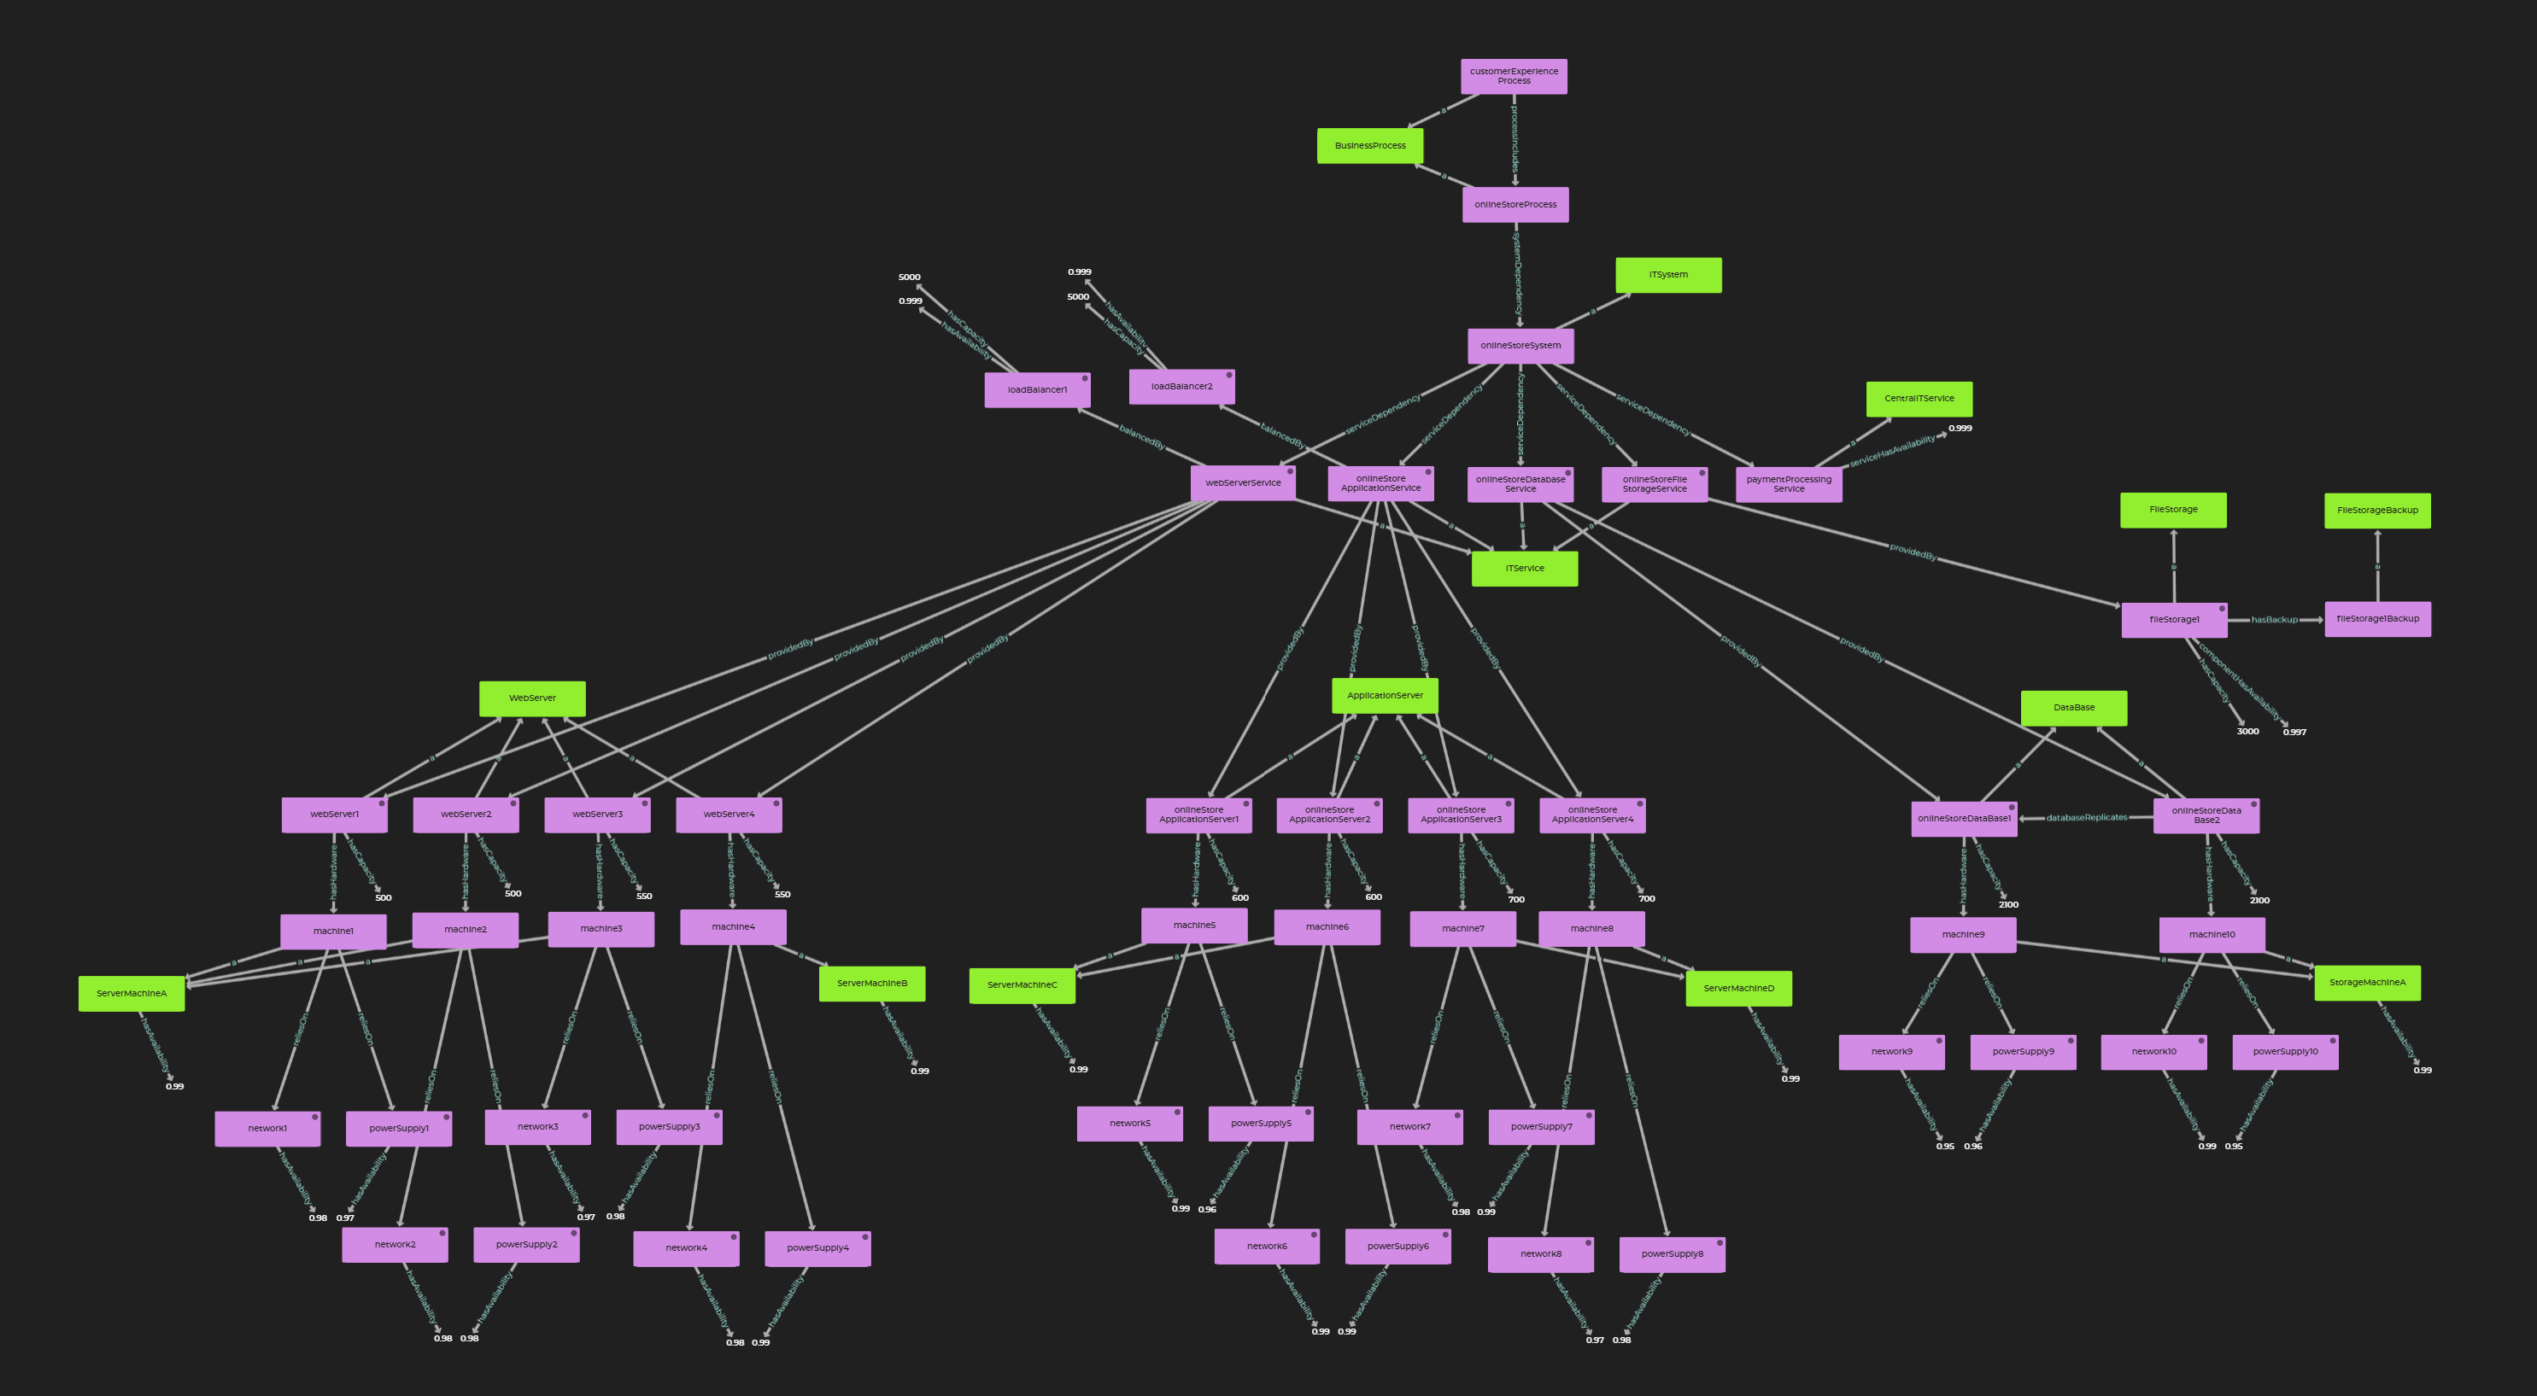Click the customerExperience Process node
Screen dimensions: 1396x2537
point(1514,77)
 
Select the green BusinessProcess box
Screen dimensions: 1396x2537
point(1370,146)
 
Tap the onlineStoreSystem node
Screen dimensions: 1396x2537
point(1520,346)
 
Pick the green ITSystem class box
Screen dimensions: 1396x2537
point(1668,275)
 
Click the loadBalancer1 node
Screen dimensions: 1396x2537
point(1037,390)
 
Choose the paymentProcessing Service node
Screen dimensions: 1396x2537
point(1789,484)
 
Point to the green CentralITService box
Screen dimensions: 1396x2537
point(1919,399)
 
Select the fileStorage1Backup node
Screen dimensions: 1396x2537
point(2377,619)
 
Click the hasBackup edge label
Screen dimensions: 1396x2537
point(2274,619)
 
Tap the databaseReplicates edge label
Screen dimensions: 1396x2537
point(2086,817)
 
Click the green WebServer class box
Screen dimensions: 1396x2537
point(532,698)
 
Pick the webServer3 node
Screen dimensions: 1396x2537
point(597,815)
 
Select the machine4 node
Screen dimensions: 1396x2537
point(733,926)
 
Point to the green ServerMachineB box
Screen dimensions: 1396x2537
point(871,983)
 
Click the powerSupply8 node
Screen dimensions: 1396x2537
point(1672,1254)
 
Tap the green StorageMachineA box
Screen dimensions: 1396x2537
point(2367,983)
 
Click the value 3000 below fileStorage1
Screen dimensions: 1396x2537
point(2247,732)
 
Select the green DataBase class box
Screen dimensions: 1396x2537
point(2073,708)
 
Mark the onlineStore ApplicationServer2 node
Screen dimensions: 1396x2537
point(1328,815)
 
